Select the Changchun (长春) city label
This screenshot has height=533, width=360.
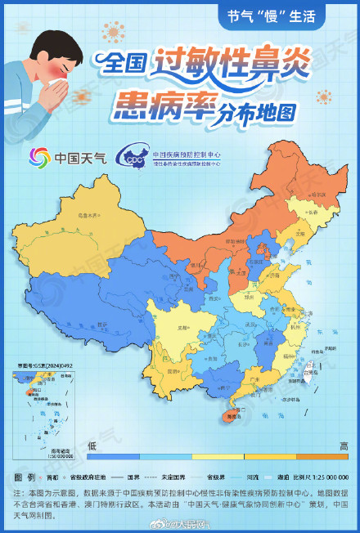(311, 211)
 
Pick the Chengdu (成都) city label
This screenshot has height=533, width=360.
(173, 331)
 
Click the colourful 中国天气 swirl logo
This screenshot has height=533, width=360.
(40, 157)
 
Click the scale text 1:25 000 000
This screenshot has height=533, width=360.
(331, 477)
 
